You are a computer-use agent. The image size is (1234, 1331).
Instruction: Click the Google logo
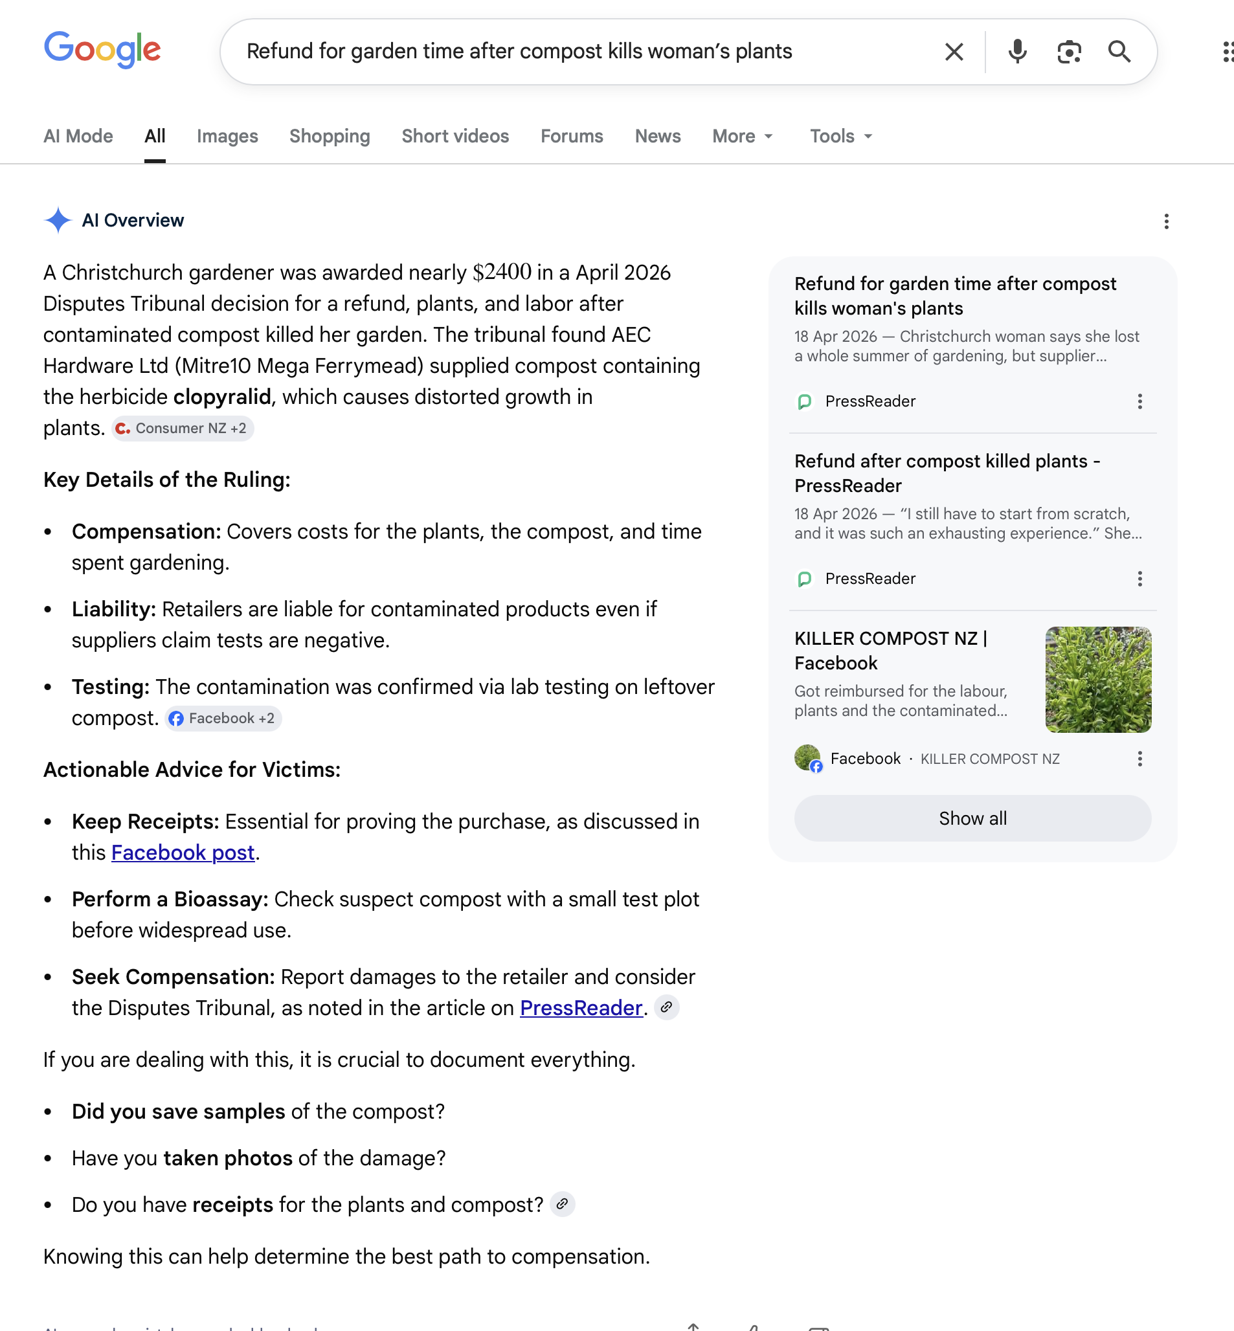102,49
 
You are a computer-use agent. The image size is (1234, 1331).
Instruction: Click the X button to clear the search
954,51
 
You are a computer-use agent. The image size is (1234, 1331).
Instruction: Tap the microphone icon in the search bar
1017,51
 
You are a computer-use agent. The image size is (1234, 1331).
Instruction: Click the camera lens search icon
1068,51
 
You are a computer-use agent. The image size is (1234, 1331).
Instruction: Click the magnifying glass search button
1119,51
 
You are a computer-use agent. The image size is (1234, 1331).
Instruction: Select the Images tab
227,136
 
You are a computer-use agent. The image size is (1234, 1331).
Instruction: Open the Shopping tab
329,136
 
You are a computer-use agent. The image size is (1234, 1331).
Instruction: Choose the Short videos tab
454,136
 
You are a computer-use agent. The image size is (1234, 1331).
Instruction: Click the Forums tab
572,136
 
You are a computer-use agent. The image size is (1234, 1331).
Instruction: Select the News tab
657,136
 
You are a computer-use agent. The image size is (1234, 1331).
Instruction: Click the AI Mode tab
78,136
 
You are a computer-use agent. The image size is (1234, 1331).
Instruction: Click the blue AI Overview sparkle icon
58,220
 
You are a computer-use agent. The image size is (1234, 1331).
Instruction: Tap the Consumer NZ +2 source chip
183,428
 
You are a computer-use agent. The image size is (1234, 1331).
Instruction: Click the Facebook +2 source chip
223,719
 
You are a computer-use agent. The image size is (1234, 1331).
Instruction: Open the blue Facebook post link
183,853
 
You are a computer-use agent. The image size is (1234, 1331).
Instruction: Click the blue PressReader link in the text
580,1008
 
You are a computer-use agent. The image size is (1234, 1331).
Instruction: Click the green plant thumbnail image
1098,679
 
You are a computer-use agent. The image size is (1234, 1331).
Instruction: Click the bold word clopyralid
222,397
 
